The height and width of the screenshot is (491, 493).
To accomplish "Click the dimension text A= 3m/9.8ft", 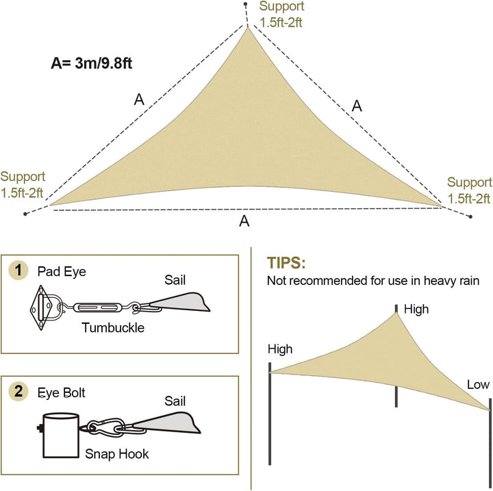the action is coord(91,63).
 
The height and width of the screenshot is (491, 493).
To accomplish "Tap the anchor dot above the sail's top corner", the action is coord(246,4).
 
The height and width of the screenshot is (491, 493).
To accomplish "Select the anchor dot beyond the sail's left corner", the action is coord(25,214).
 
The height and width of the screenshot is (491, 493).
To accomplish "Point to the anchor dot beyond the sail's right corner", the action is coord(470,216).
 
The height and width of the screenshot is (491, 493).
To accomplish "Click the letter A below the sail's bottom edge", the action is coord(244,221).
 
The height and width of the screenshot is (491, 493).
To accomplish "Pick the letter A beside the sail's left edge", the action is coord(139,100).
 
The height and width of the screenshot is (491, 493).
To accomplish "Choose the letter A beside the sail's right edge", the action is coord(357,105).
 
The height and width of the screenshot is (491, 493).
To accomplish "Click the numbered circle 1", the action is coord(18,270).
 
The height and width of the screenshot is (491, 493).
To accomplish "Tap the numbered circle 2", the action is coord(18,391).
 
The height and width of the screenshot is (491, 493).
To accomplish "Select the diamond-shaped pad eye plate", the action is coord(40,307).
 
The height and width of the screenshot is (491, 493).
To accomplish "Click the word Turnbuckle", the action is coord(113,328).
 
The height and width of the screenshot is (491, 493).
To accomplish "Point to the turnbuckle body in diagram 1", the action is coord(97,307).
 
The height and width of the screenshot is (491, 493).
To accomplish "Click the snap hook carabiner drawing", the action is coord(105,427).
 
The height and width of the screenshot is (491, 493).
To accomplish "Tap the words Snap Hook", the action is coord(117,454).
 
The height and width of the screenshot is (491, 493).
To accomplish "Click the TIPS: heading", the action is coord(286,263).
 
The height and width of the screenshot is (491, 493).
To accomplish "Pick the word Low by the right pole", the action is coord(478,384).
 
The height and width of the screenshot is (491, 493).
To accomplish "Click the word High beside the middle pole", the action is coord(416,310).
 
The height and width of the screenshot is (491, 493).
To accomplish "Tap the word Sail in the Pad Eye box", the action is coord(175,280).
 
